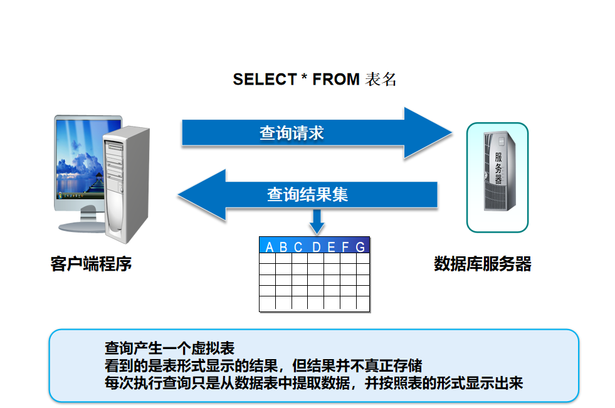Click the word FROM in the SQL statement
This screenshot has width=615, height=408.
(336, 80)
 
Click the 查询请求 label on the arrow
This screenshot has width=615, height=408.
(292, 133)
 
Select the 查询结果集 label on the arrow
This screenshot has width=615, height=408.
(307, 194)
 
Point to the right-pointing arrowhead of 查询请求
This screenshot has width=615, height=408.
(429, 133)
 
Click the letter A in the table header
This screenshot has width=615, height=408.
(270, 247)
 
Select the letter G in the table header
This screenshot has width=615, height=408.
(360, 247)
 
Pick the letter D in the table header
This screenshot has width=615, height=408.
(317, 247)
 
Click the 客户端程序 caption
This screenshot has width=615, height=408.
(91, 264)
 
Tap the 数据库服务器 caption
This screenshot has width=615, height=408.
(483, 264)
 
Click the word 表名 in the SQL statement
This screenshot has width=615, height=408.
(381, 80)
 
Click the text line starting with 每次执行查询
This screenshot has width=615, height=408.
(313, 383)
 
